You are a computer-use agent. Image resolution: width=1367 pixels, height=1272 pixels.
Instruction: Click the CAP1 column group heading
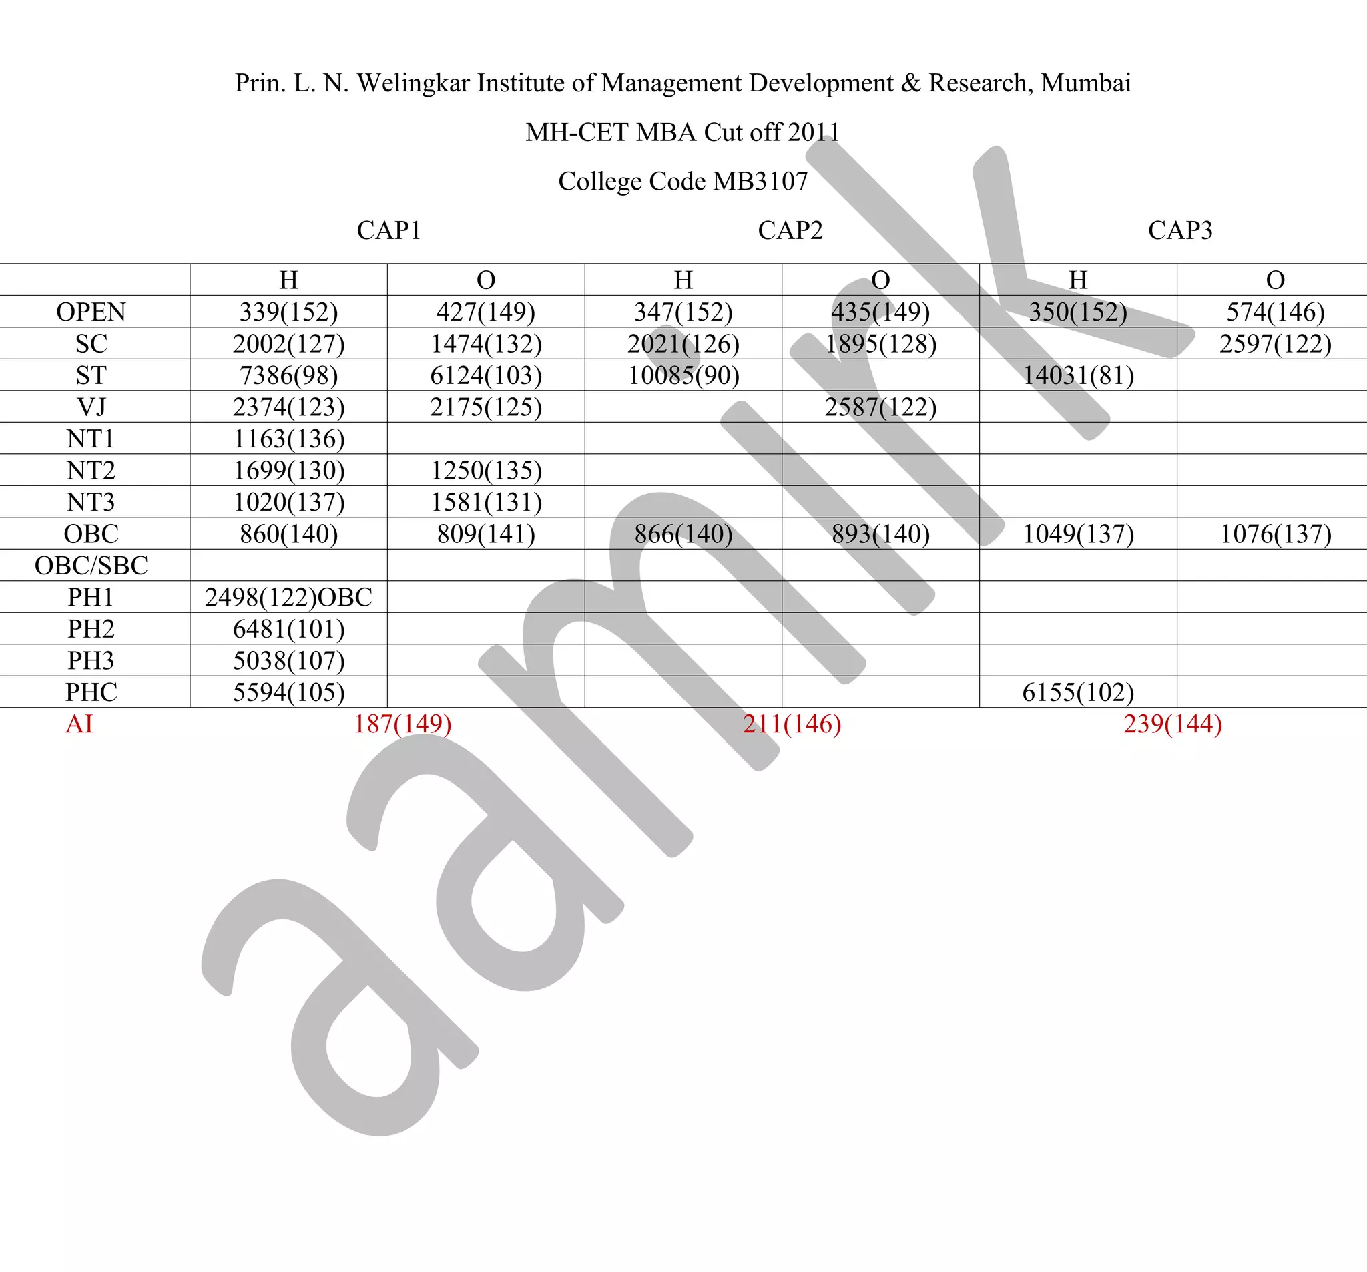pyautogui.click(x=388, y=230)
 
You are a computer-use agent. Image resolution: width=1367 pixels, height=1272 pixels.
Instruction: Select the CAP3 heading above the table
pyautogui.click(x=1180, y=230)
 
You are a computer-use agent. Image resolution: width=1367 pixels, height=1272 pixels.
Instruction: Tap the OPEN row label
pyautogui.click(x=91, y=312)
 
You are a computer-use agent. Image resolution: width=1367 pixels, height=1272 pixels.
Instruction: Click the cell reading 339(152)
pyautogui.click(x=288, y=312)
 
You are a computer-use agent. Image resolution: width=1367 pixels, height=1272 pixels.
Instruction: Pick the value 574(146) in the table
pyautogui.click(x=1275, y=312)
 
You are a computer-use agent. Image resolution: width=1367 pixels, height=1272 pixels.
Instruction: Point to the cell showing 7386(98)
pyautogui.click(x=288, y=375)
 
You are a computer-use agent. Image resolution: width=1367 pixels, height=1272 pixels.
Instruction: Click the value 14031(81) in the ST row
pyautogui.click(x=1077, y=375)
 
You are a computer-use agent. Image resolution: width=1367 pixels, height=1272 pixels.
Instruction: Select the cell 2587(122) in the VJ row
pyautogui.click(x=880, y=407)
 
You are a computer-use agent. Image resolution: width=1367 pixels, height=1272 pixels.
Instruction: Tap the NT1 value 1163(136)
pyautogui.click(x=288, y=438)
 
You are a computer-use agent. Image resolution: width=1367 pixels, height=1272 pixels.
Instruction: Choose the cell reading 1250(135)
pyautogui.click(x=485, y=470)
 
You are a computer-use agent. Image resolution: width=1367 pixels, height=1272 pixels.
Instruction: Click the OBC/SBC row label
pyautogui.click(x=91, y=565)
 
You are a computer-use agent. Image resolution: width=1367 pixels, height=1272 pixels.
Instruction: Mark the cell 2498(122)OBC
pyautogui.click(x=288, y=596)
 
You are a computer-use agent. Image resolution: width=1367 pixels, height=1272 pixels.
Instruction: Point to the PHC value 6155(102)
pyautogui.click(x=1077, y=691)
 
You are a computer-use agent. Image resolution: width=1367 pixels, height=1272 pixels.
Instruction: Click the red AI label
pyautogui.click(x=79, y=724)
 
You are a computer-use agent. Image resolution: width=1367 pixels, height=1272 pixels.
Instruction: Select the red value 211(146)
pyautogui.click(x=792, y=724)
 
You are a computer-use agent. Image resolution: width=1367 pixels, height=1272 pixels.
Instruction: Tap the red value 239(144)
pyautogui.click(x=1172, y=724)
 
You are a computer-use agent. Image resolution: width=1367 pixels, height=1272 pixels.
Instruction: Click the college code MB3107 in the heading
pyautogui.click(x=760, y=181)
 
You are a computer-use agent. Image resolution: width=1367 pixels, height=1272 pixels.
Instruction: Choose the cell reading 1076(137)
pyautogui.click(x=1275, y=533)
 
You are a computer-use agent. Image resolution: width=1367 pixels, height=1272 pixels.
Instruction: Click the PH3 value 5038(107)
pyautogui.click(x=288, y=660)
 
